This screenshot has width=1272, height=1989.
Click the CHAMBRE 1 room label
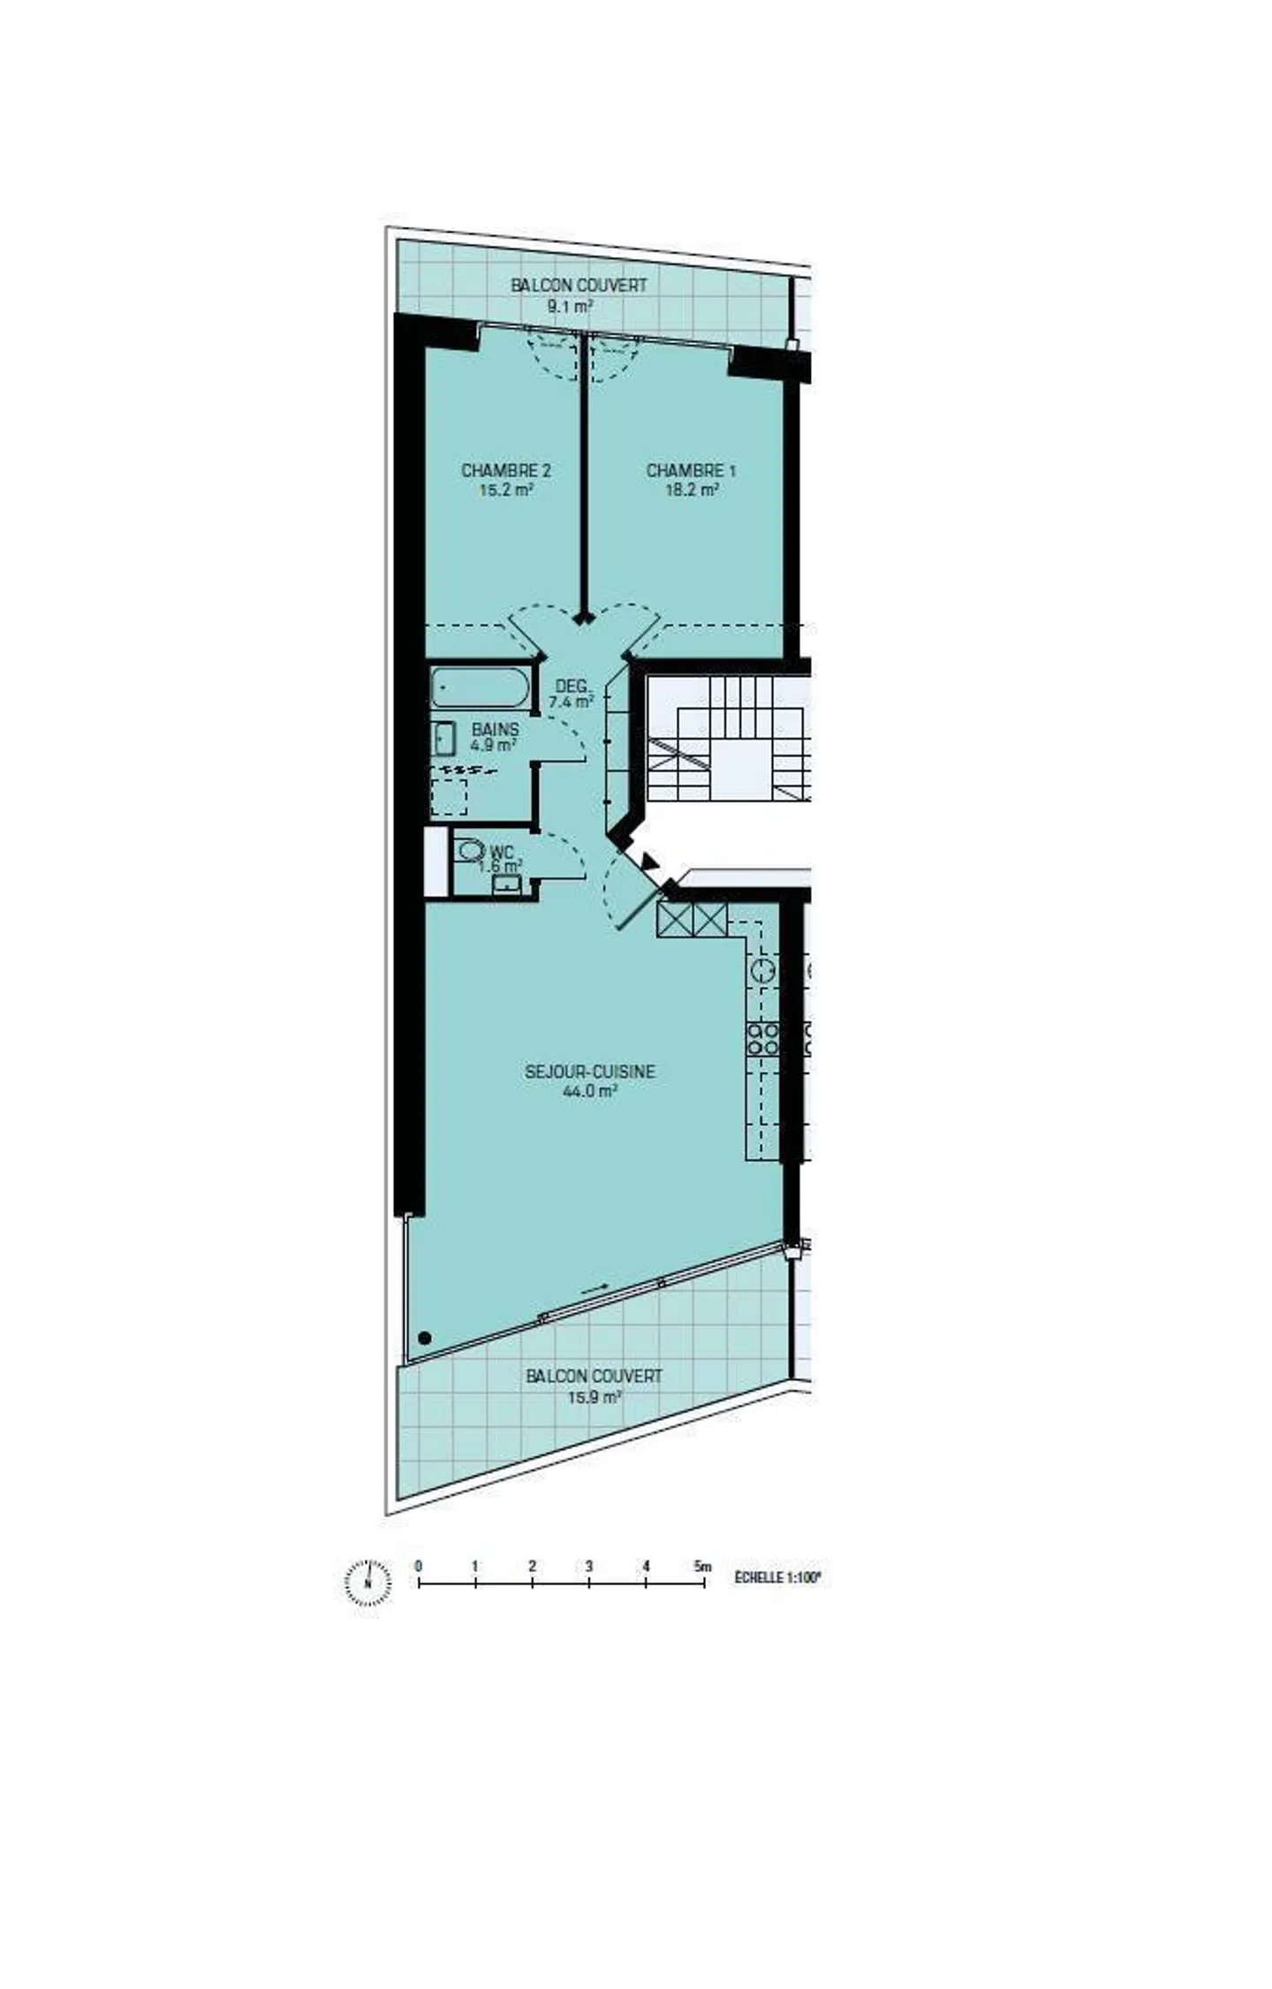pos(690,470)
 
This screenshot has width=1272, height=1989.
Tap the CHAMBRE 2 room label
pos(505,470)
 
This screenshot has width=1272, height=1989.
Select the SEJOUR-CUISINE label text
pos(589,1071)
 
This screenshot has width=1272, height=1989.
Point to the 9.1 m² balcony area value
pos(569,307)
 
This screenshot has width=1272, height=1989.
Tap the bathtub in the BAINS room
pos(481,687)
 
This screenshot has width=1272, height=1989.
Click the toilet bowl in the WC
pos(471,850)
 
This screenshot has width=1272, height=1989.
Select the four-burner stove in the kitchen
pos(762,1038)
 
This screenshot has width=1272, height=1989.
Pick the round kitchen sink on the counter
pos(762,970)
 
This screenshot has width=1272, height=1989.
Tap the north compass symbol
pos(367,1582)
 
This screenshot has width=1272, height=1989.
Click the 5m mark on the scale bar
pos(703,1567)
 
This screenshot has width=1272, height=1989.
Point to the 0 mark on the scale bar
pos(418,1567)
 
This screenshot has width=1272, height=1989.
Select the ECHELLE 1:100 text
pos(777,1576)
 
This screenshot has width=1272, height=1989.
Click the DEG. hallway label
pos(572,687)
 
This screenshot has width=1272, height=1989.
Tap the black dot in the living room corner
pos(424,1338)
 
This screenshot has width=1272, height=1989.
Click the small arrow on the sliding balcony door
pos(595,1289)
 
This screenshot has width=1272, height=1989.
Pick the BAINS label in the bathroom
pos(495,730)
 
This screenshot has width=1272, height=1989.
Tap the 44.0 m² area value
pos(589,1091)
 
